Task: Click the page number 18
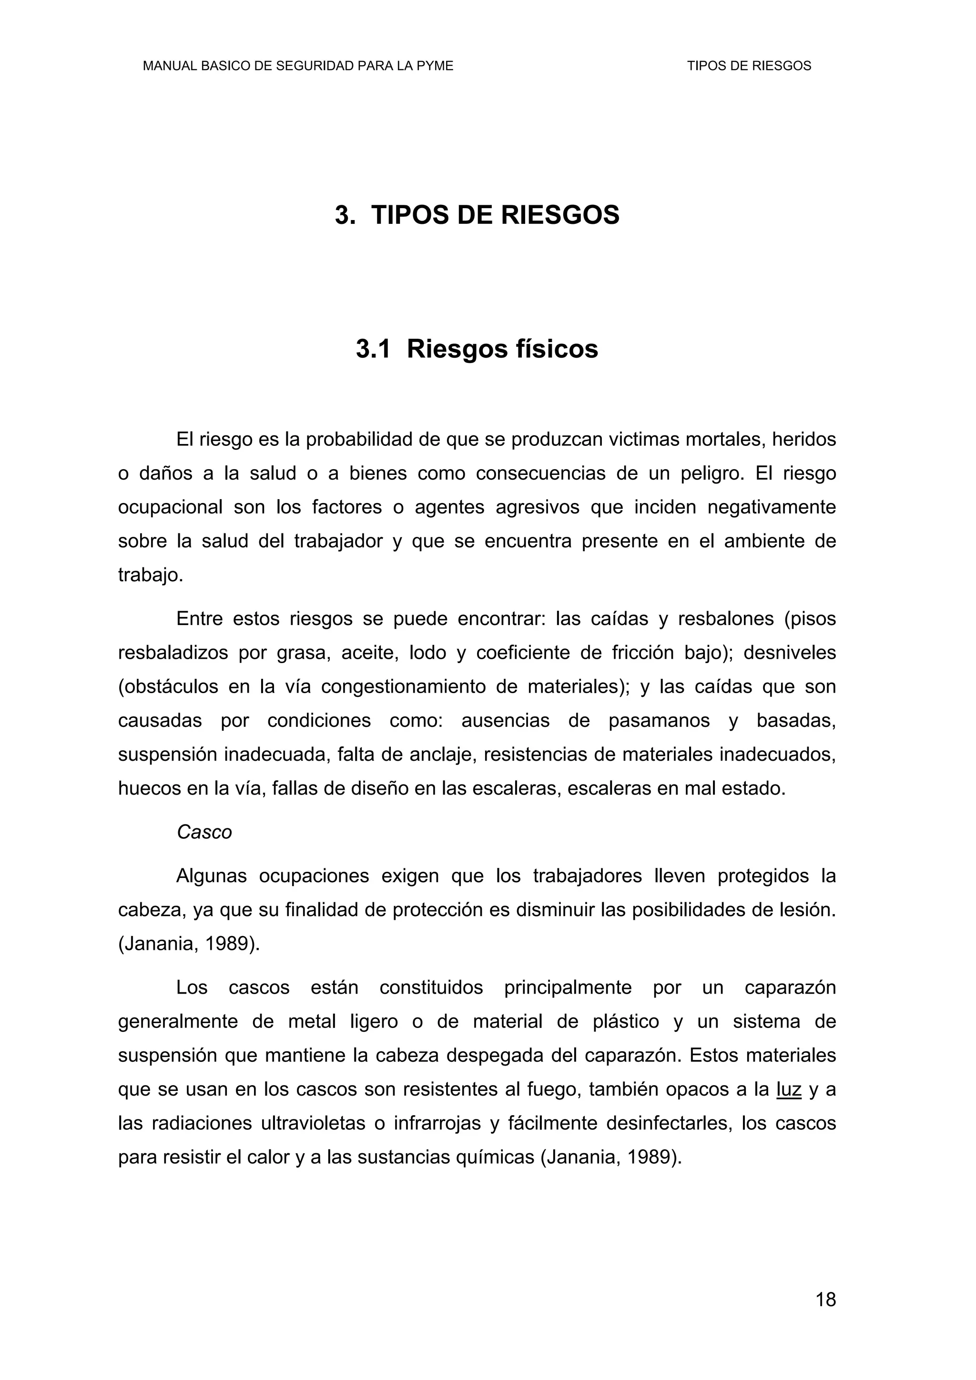point(826,1299)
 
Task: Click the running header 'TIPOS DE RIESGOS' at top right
point(749,66)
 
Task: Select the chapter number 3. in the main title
point(345,215)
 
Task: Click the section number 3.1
point(373,349)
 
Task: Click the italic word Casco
point(204,833)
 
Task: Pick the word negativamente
point(772,507)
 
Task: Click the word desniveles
point(790,653)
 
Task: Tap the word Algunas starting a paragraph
point(212,876)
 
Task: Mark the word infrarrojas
point(437,1123)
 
